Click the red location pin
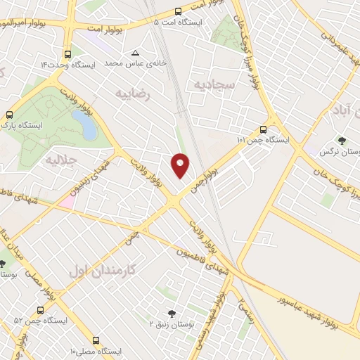click(181, 165)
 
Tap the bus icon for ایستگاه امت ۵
click(177, 11)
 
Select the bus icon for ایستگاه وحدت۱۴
click(67, 53)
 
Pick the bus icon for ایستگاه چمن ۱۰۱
click(262, 129)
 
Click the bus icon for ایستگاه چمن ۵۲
click(39, 309)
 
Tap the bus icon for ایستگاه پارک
click(10, 114)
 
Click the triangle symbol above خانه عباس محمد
click(136, 53)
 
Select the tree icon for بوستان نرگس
click(342, 141)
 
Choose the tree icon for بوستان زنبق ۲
click(172, 313)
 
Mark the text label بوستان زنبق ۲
click(172, 323)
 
